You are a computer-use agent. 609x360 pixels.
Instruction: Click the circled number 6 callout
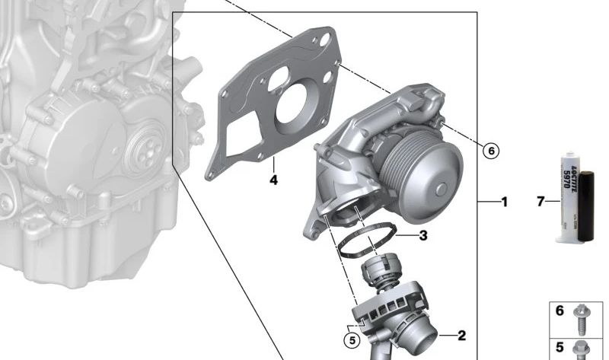491,151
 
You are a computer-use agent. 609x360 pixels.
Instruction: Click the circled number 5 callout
352,340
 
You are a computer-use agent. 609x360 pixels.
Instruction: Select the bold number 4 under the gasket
274,180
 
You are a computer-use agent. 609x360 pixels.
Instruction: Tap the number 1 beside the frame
505,202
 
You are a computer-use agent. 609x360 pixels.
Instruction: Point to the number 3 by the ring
423,235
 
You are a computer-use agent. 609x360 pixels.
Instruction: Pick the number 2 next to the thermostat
462,335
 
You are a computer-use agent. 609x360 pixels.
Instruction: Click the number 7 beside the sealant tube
540,202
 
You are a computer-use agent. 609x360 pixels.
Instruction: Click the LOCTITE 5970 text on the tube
569,175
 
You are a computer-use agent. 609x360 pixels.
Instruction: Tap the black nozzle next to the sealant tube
586,207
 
